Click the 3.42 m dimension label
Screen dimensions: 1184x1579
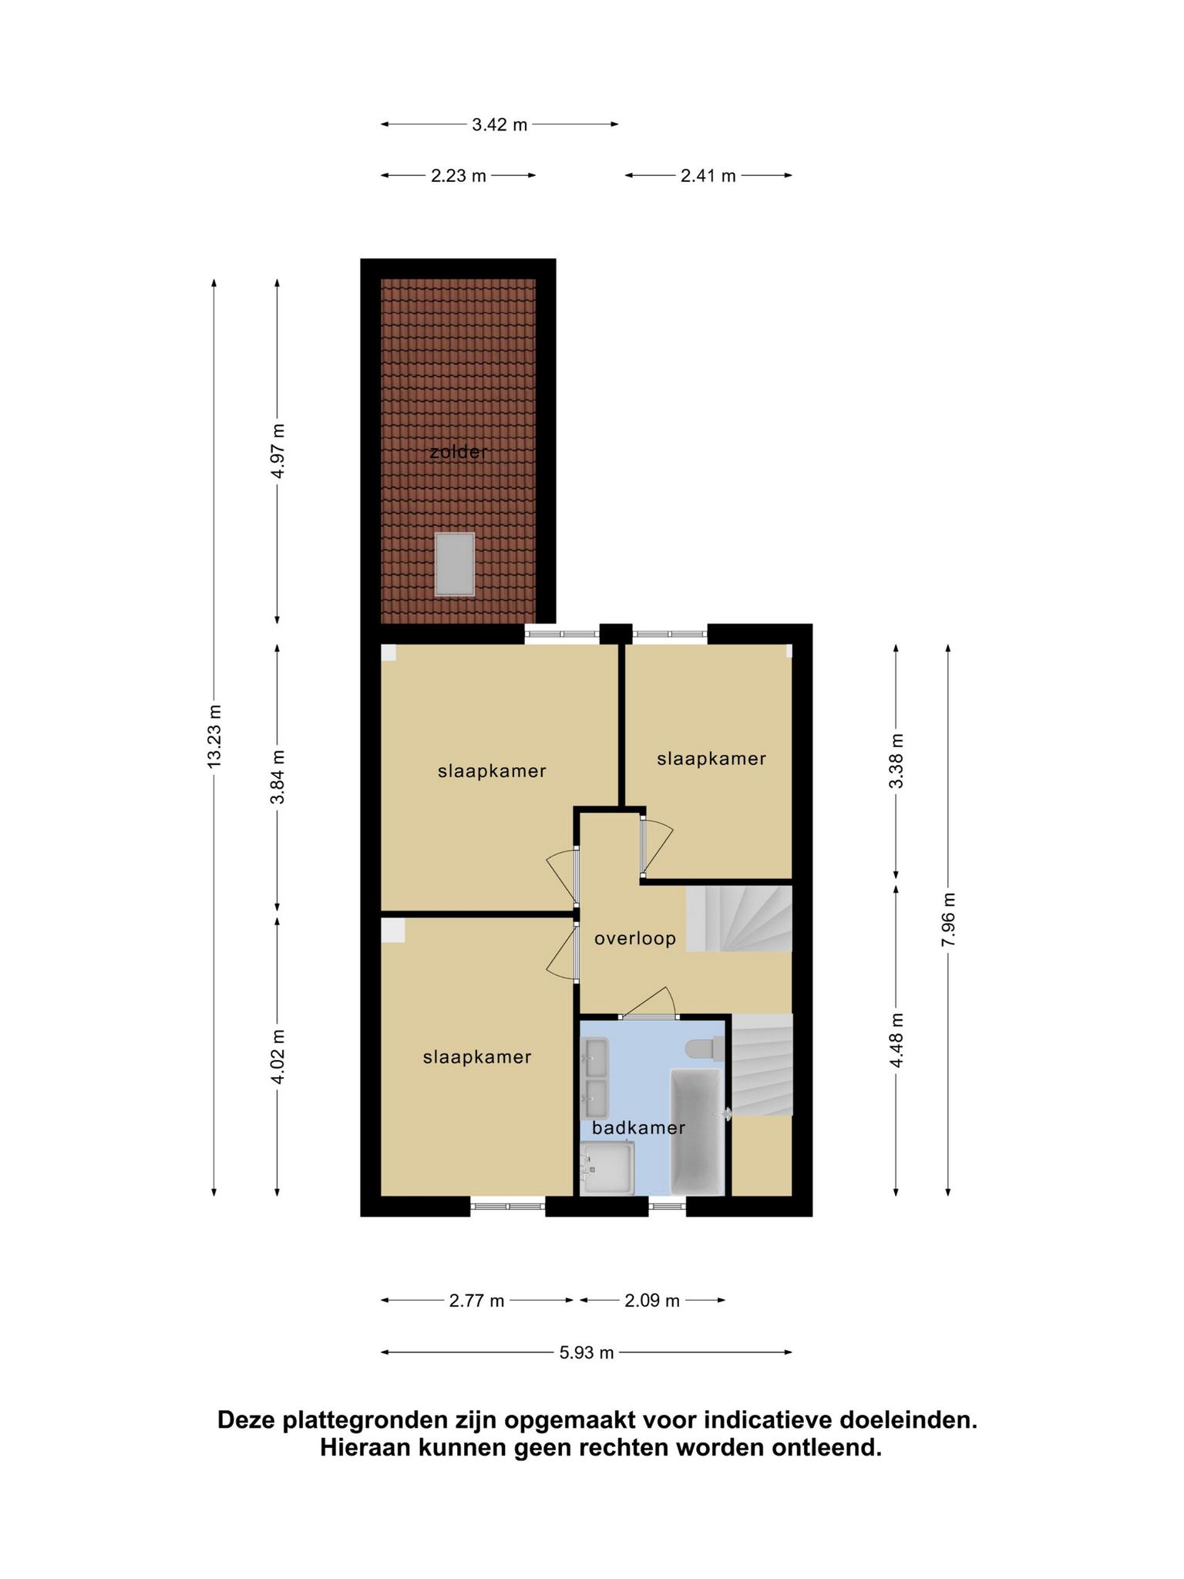[x=499, y=124]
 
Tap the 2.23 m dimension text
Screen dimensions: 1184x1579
[x=459, y=176]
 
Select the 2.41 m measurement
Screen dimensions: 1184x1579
[x=708, y=176]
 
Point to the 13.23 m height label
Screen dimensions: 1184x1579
[x=214, y=735]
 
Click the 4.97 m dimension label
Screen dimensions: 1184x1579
[x=277, y=451]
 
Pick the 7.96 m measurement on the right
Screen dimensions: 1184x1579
[x=948, y=921]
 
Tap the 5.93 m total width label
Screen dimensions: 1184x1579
[x=587, y=1352]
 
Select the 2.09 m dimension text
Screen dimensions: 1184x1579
[x=652, y=1301]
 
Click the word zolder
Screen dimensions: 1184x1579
[x=459, y=453]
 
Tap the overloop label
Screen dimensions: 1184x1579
[x=635, y=938]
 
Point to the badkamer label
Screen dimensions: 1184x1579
[x=639, y=1128]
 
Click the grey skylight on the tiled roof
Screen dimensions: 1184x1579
[x=455, y=564]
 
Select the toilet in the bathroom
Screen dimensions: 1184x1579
[x=705, y=1049]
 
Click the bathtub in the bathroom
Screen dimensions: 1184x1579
[x=697, y=1131]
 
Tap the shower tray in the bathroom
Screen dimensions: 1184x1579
[x=609, y=1167]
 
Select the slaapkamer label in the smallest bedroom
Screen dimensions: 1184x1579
[x=711, y=759]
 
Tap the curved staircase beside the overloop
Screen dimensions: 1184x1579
[x=739, y=918]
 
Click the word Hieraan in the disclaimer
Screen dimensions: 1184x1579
[x=366, y=1449]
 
